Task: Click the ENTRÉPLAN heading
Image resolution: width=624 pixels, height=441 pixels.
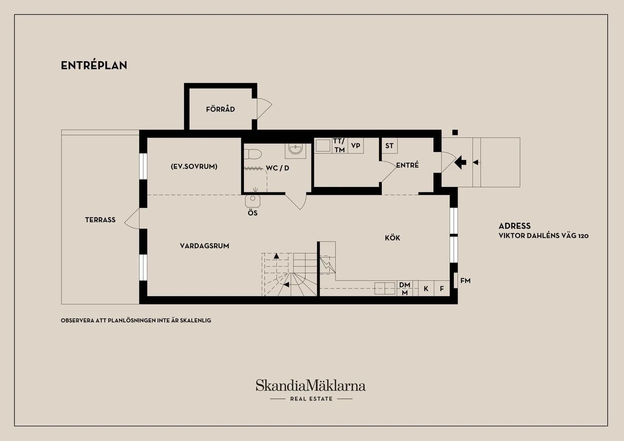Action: (x=94, y=65)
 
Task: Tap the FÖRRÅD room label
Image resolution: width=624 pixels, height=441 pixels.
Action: (x=220, y=109)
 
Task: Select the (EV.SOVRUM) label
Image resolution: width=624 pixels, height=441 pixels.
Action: (x=194, y=167)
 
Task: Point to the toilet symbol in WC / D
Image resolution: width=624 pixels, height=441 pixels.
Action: (x=253, y=154)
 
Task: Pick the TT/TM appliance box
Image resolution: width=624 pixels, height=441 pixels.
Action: (x=339, y=145)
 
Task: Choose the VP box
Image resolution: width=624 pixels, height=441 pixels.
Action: (x=355, y=145)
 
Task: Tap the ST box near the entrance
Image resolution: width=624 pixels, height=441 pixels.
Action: (x=390, y=145)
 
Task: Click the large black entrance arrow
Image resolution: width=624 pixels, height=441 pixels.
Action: (x=460, y=162)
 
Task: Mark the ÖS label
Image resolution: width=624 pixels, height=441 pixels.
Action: (x=253, y=213)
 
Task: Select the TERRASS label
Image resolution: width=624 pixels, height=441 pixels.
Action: (x=100, y=220)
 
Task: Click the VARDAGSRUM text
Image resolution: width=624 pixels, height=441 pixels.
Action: (x=205, y=246)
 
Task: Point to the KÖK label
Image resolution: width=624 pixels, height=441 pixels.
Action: (x=392, y=238)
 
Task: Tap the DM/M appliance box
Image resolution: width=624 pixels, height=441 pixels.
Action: (x=405, y=288)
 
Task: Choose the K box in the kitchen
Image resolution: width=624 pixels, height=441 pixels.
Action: (x=426, y=288)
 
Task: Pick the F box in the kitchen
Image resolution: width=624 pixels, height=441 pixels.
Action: (x=442, y=288)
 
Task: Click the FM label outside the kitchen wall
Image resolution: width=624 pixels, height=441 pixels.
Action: (x=466, y=281)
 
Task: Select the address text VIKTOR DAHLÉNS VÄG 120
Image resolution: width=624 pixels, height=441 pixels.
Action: (x=543, y=235)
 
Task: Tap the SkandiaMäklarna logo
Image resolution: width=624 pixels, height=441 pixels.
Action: (x=311, y=390)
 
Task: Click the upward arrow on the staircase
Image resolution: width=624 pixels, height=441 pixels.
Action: (x=276, y=256)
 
